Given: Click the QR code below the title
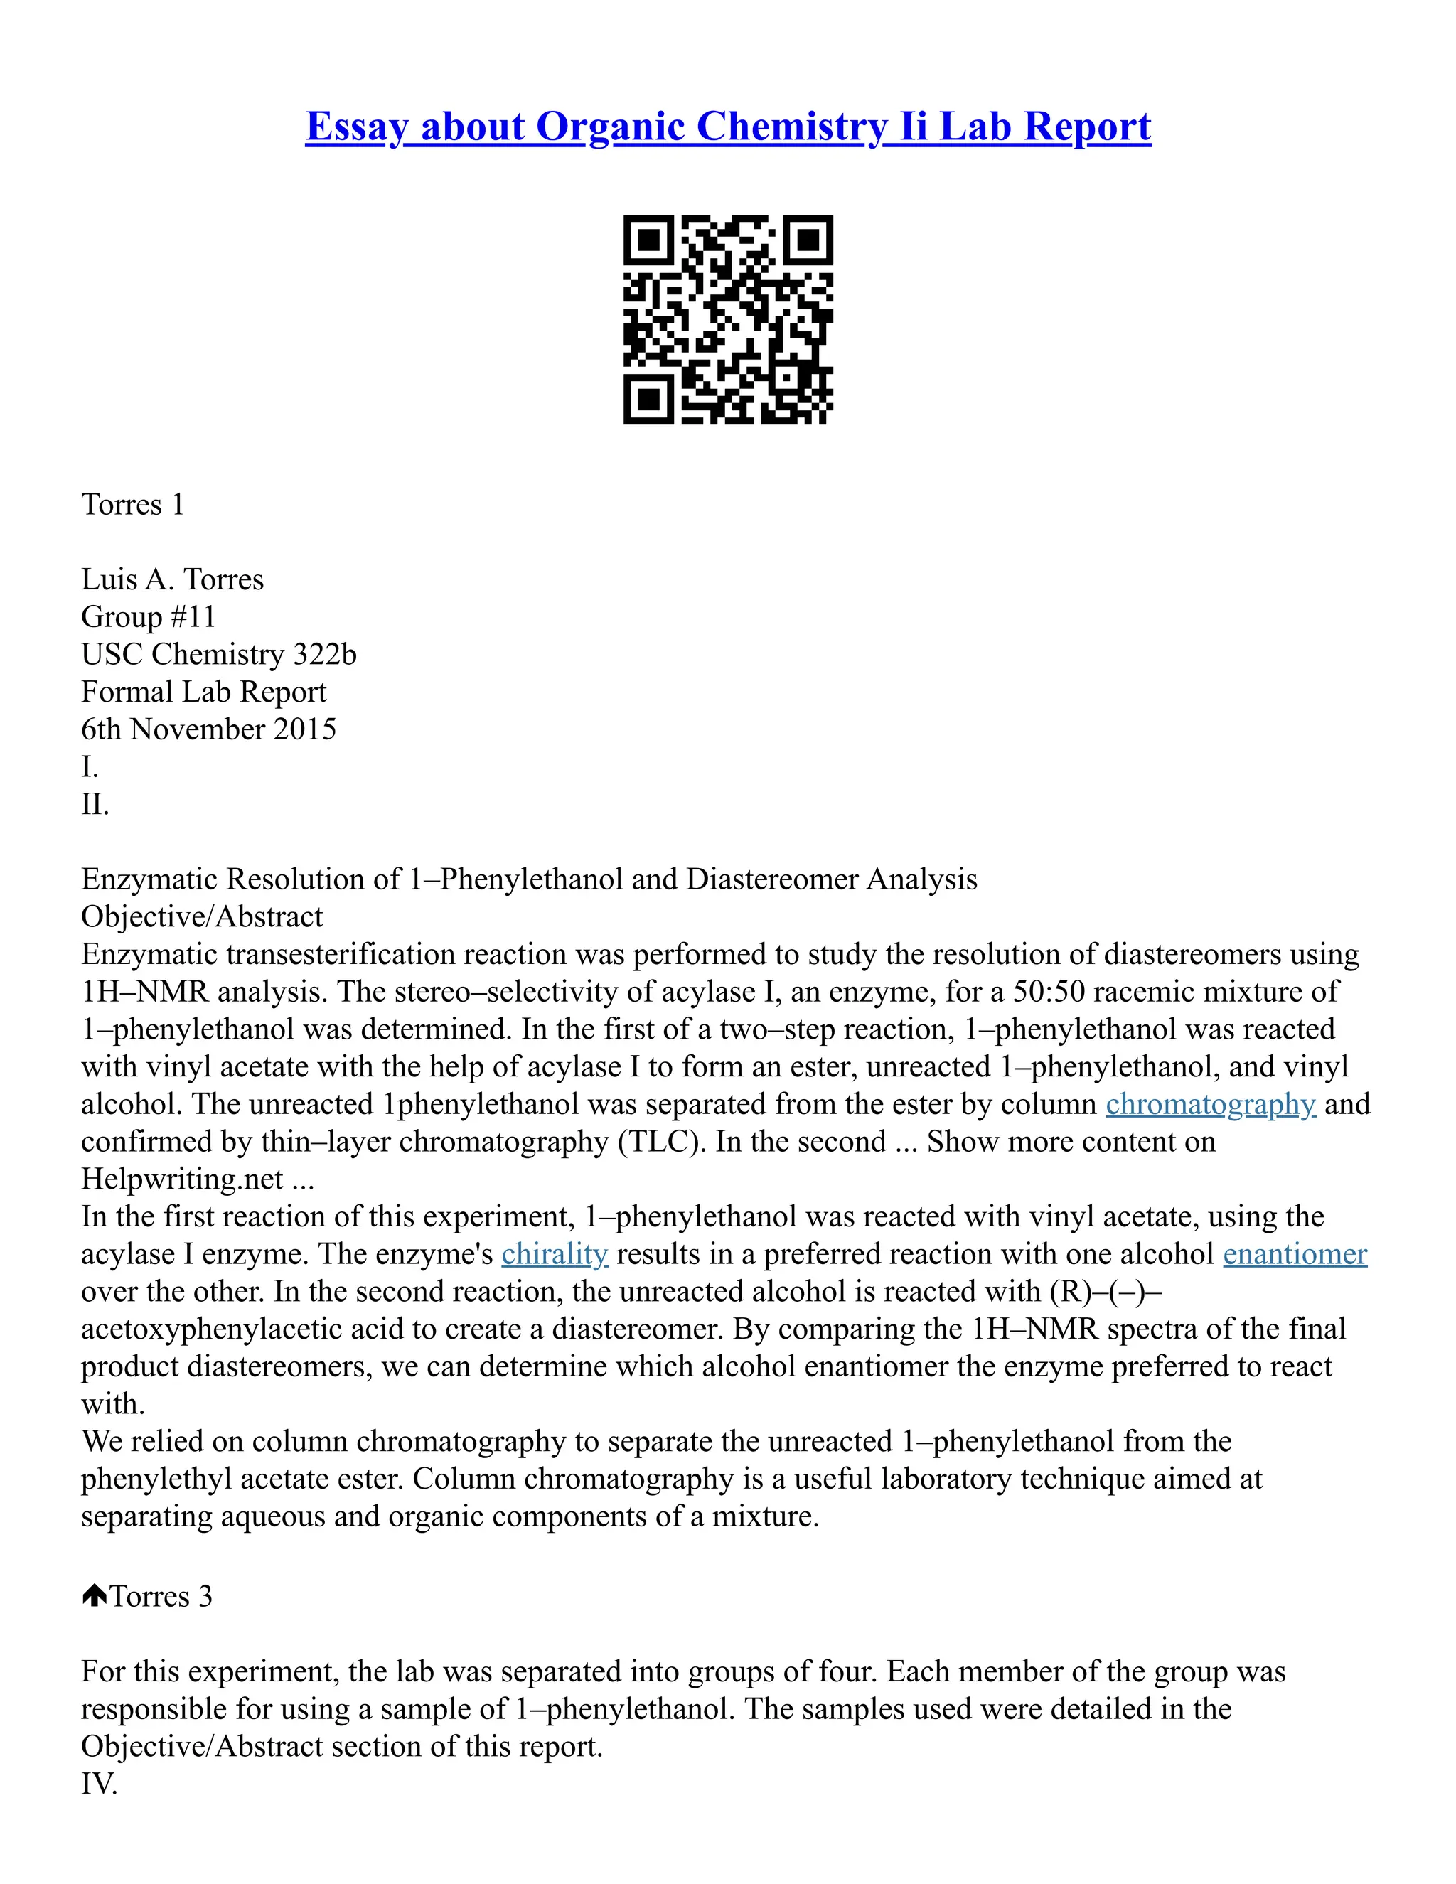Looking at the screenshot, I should (x=728, y=319).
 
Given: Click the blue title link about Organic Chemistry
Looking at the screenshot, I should (x=728, y=127).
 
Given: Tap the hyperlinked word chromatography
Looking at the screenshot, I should (x=1210, y=1104).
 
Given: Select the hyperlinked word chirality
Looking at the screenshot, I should (x=555, y=1253).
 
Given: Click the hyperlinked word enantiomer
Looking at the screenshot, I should (x=1295, y=1253).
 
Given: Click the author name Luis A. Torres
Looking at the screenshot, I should (x=173, y=579).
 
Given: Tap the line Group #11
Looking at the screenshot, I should (x=149, y=617).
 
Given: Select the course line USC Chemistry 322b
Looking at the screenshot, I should (x=218, y=654).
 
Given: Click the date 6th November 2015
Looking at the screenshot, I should (x=209, y=729).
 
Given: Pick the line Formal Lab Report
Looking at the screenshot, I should (x=203, y=692).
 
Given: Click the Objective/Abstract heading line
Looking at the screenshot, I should (x=202, y=916).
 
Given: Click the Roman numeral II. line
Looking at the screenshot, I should (x=95, y=804).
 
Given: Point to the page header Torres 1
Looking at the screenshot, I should (x=133, y=504).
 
